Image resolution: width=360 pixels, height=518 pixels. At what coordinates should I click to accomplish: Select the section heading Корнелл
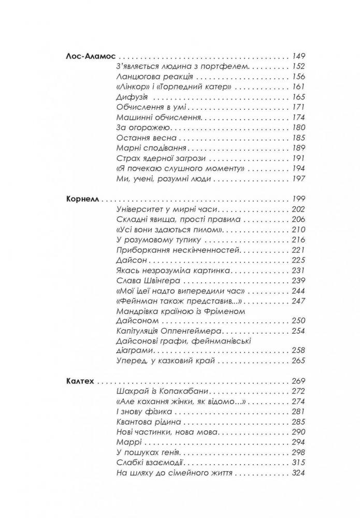tap(83, 199)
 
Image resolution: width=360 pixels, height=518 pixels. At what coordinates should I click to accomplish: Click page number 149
tap(298, 57)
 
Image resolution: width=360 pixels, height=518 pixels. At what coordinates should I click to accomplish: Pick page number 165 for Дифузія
tap(299, 97)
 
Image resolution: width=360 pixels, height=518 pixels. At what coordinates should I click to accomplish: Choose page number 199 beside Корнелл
tap(299, 199)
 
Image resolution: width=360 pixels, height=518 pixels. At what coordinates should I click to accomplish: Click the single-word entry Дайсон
tap(126, 260)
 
